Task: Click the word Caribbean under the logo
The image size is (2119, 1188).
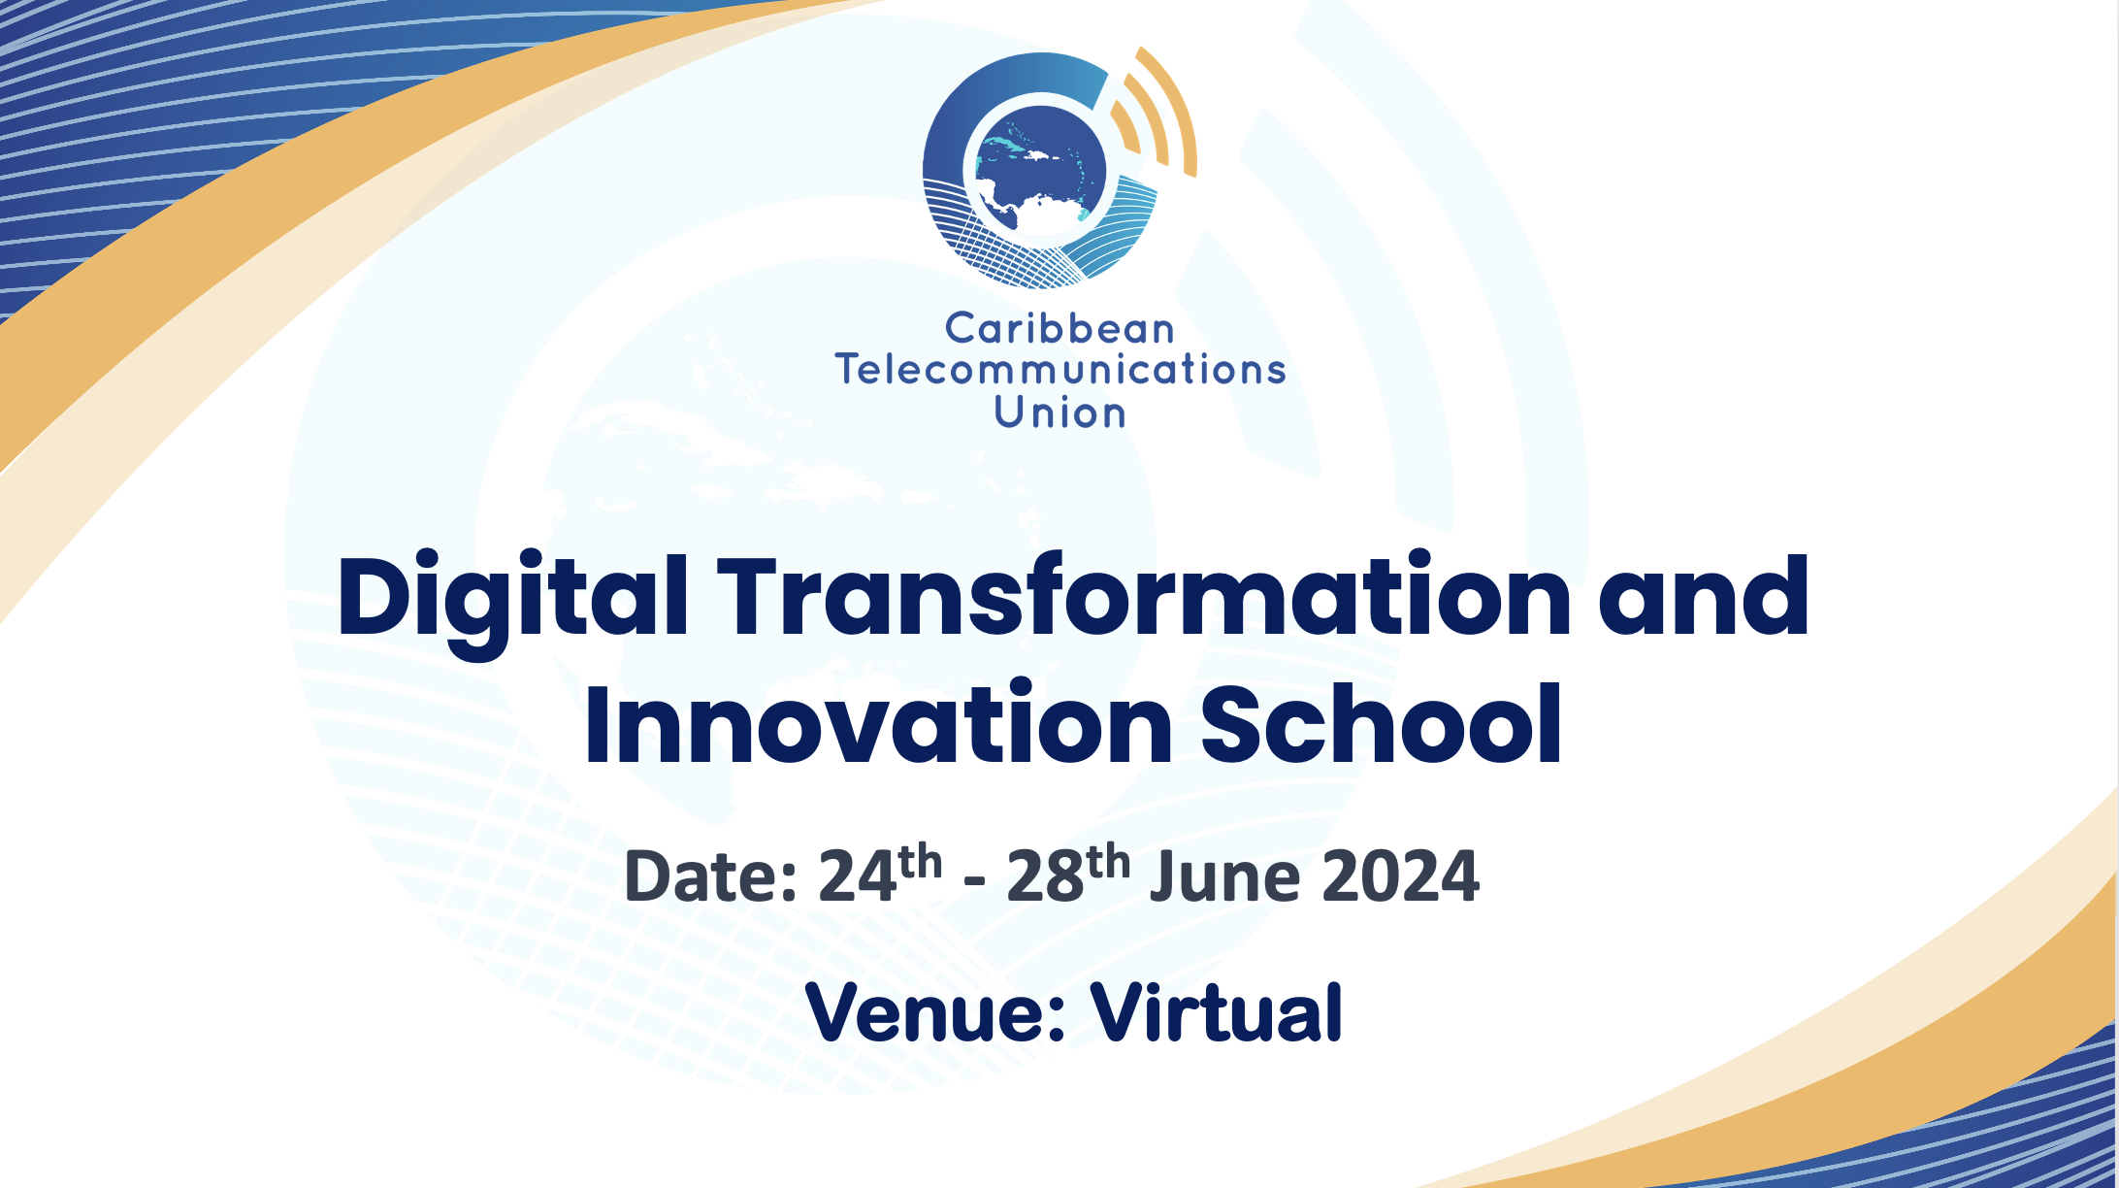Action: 1059,328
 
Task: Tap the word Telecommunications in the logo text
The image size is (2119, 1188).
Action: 1060,370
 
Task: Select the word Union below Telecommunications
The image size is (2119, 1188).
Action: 1059,412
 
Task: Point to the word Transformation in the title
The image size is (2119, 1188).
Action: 1144,594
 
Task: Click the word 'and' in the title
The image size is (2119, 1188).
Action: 1704,595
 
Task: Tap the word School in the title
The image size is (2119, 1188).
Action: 1382,723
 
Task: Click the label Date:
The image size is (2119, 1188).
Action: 711,876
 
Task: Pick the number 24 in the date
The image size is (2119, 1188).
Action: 858,876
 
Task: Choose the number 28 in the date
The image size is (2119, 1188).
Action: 1045,876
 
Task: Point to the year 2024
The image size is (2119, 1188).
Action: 1400,876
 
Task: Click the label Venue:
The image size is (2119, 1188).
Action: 936,1012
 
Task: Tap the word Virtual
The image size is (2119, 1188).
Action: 1217,1011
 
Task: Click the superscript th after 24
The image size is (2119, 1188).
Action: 920,862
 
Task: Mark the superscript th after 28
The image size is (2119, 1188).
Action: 1107,862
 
